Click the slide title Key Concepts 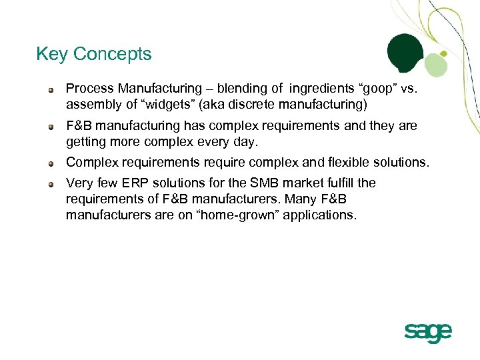coord(94,54)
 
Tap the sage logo coord(427,331)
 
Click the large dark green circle coord(405,53)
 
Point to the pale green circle coord(435,65)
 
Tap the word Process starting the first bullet coord(87,89)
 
